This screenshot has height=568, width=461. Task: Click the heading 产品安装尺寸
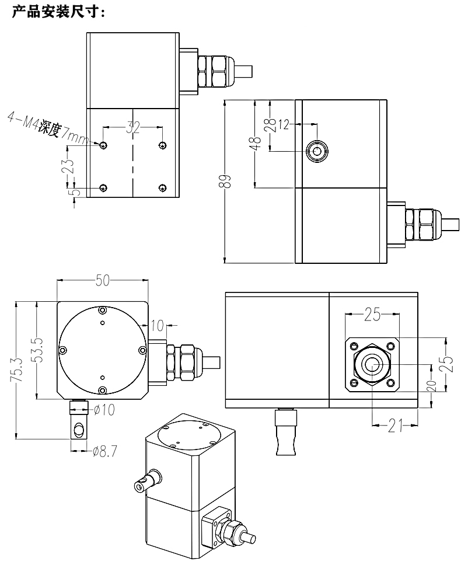[x=58, y=11]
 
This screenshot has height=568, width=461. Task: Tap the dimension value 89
[x=228, y=181]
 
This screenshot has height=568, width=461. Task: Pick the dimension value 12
[x=284, y=124]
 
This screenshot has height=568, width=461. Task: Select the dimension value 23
[x=68, y=167]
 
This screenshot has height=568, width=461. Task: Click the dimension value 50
[x=103, y=281]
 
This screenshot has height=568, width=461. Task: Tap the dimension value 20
[x=431, y=386]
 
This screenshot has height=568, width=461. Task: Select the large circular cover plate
[x=102, y=350]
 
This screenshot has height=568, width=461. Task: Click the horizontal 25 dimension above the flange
[x=372, y=316]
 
